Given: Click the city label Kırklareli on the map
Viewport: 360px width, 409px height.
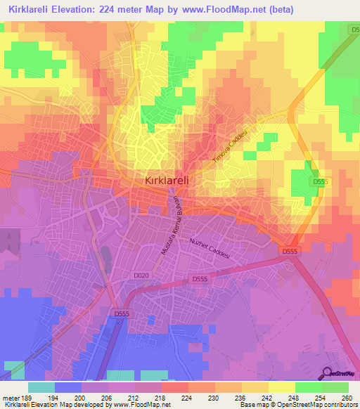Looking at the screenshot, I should click(x=171, y=181).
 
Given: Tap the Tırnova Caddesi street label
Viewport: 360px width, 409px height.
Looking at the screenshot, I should click(x=231, y=148).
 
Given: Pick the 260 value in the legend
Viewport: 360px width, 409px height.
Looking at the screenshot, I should click(x=348, y=397).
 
